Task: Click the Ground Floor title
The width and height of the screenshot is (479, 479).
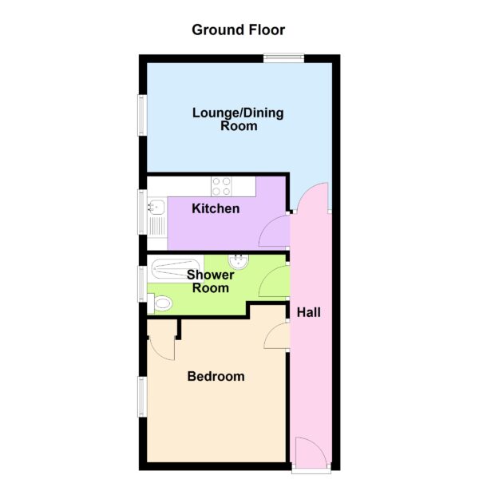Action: pyautogui.click(x=238, y=30)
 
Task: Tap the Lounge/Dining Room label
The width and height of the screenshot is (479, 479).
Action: pyautogui.click(x=238, y=120)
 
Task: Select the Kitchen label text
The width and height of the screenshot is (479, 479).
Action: pyautogui.click(x=216, y=208)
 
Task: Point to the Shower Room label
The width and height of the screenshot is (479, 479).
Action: pyautogui.click(x=211, y=281)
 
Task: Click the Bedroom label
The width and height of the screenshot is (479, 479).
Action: pyautogui.click(x=216, y=376)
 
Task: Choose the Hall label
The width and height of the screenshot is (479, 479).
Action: pyautogui.click(x=309, y=312)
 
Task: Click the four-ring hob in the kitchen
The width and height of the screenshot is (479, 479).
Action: pyautogui.click(x=221, y=186)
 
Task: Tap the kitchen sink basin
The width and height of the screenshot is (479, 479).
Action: pyautogui.click(x=156, y=207)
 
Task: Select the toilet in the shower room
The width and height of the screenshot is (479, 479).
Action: pyautogui.click(x=160, y=303)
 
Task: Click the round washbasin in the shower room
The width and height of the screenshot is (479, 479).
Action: pyautogui.click(x=239, y=262)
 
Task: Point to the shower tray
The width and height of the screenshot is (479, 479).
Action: pyautogui.click(x=176, y=269)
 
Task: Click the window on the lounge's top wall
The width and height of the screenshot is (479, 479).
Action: pyautogui.click(x=283, y=58)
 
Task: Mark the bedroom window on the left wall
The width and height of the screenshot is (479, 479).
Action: pyautogui.click(x=142, y=397)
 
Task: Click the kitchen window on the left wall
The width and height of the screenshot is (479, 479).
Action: pyautogui.click(x=142, y=212)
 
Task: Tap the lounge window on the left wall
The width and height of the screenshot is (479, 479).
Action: pyautogui.click(x=142, y=115)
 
